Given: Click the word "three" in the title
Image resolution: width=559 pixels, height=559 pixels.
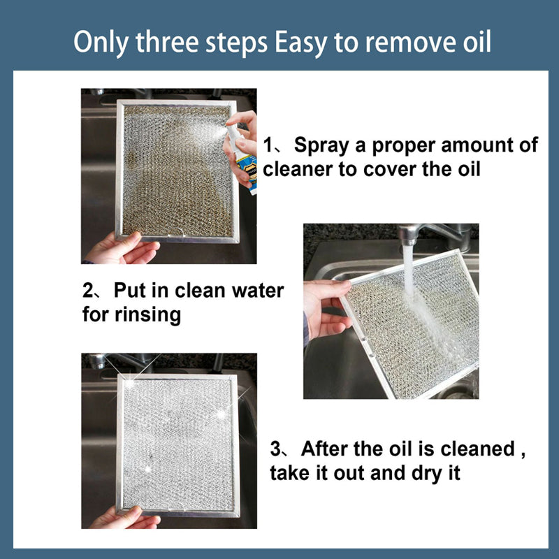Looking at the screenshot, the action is point(167,42).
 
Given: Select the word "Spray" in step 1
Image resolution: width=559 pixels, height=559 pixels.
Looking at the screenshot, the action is point(321,146).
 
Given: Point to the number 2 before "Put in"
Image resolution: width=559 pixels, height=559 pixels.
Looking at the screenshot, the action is point(88,291).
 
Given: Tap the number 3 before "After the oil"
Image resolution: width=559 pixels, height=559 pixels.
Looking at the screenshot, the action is point(275,449).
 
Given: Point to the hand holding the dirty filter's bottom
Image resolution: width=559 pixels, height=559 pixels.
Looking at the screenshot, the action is point(122,249).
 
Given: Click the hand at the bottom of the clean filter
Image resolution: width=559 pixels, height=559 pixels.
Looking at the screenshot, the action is point(125,518).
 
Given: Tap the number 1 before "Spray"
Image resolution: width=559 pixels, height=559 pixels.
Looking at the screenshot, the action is point(268,145).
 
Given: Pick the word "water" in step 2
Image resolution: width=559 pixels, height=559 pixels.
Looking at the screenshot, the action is point(257,291).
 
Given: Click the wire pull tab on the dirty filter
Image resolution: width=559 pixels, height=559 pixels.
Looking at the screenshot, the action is point(176,232).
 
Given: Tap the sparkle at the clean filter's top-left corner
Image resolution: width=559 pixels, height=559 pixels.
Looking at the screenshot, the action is point(129,383).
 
